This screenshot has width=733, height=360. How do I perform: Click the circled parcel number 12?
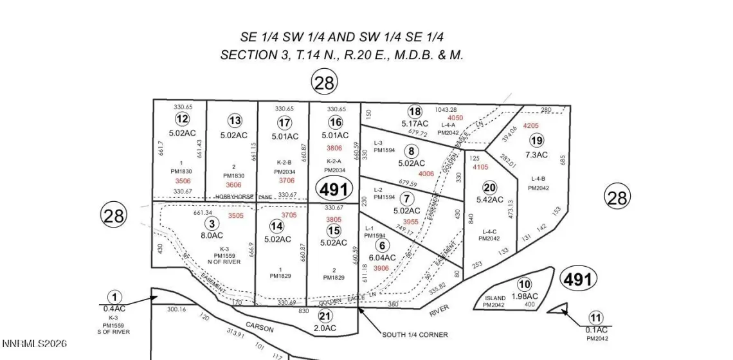coord(182,119)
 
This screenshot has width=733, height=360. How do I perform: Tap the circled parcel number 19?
coord(536,140)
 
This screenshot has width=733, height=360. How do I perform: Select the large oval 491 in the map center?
coord(334,190)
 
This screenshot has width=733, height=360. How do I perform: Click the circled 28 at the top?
coord(324,82)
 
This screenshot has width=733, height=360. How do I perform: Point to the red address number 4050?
coord(455,118)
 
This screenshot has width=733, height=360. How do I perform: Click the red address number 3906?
coord(381,268)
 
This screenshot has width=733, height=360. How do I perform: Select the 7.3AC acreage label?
coord(536,155)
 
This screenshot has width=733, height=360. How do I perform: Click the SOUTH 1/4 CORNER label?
coord(415,334)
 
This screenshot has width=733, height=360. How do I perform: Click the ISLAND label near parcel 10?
coord(495,298)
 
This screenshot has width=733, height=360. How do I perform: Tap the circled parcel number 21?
coord(325,315)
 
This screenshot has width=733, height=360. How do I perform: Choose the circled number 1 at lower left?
coord(114,297)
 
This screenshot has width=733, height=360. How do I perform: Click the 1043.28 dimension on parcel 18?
coord(463,110)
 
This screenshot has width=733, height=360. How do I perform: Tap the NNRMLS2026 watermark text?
coord(38,345)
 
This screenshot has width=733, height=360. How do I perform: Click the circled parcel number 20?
coord(490,187)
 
